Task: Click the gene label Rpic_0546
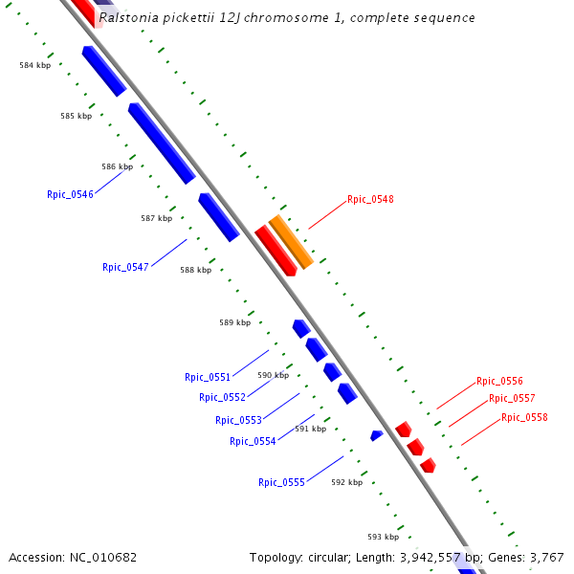[70, 194]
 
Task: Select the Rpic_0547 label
[125, 267]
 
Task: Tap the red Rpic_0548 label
[370, 200]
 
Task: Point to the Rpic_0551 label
[208, 377]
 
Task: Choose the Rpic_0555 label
[281, 482]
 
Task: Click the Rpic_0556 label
[499, 381]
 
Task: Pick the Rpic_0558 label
[524, 417]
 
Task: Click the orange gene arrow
[291, 241]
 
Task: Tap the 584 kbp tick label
[35, 65]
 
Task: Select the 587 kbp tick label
[156, 218]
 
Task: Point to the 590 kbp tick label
[273, 375]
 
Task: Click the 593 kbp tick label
[383, 537]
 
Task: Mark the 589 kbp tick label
[234, 322]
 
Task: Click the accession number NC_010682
[103, 557]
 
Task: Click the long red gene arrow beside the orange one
[275, 250]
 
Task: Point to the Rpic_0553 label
[238, 420]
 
